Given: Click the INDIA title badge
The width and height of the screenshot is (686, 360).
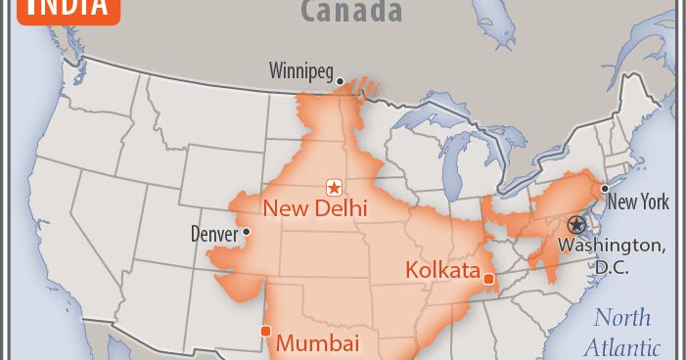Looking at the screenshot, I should tap(68, 8).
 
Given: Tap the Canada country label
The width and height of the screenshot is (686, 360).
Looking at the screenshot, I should tap(351, 12).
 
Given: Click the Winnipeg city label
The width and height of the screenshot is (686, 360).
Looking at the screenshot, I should tap(300, 70).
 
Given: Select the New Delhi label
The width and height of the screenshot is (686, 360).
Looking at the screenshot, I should tap(315, 207).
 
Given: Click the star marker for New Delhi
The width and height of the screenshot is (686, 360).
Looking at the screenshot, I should tap(334, 187).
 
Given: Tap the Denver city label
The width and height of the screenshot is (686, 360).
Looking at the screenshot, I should tap(214, 235).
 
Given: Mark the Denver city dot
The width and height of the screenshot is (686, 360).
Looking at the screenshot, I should tap(247, 232).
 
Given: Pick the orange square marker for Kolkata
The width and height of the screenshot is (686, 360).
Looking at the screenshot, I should tap(488, 281).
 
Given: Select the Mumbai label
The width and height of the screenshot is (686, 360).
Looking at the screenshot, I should tap(317, 343).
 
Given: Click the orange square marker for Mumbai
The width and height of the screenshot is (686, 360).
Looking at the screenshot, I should tap(265, 332).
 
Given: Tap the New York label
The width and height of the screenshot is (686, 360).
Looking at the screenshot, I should tap(638, 202).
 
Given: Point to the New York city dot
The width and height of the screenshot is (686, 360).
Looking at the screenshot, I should tap(606, 188).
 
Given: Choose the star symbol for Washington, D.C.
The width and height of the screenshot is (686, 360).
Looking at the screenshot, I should tap(574, 224).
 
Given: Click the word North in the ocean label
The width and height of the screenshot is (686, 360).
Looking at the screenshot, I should tap(622, 318).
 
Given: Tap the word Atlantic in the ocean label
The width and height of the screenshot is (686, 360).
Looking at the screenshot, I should tap(622, 347).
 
